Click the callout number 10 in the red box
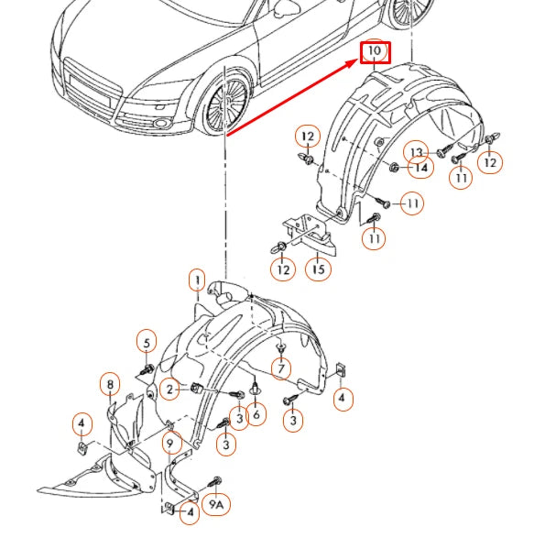[375, 52]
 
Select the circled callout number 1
[197, 280]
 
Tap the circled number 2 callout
[169, 390]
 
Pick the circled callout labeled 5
[147, 343]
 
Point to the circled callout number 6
[256, 414]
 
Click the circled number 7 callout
[281, 368]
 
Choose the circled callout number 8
[110, 384]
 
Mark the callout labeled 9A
[216, 505]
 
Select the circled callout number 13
[416, 151]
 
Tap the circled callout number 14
[421, 167]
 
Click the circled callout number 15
[318, 269]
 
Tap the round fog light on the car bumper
[159, 123]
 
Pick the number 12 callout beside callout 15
[283, 269]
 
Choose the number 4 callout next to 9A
[190, 512]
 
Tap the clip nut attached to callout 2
[196, 388]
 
